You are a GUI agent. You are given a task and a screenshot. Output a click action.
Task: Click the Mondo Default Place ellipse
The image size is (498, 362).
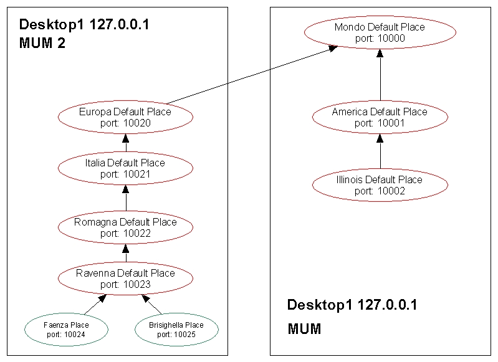380,32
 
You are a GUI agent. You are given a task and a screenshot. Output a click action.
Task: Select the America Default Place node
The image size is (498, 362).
380,117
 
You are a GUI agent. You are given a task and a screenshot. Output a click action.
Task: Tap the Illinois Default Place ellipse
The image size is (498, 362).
380,185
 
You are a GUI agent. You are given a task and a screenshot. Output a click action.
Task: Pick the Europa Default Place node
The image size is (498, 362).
125,117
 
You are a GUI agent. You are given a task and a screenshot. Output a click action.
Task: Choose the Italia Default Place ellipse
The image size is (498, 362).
125,168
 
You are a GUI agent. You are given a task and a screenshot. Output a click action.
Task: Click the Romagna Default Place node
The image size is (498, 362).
125,227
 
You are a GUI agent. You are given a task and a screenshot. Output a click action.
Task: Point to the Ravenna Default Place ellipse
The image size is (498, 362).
125,279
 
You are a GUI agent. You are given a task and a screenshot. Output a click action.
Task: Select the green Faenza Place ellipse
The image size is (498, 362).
67,330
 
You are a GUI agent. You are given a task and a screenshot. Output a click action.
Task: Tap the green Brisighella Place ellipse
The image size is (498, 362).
176,330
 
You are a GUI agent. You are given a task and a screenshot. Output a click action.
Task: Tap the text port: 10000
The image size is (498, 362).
380,38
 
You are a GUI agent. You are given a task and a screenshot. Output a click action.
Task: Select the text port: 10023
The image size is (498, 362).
125,284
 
